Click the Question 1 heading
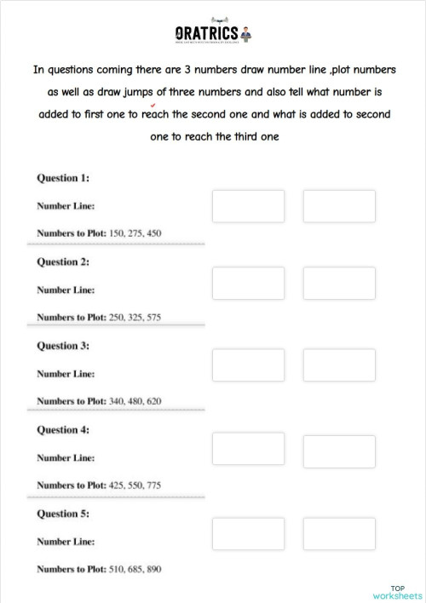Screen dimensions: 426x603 tap(63, 178)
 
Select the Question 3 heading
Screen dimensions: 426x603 tap(63, 346)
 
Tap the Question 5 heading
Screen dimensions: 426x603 tap(63, 514)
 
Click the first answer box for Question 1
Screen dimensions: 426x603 tap(236, 207)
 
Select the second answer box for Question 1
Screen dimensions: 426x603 tap(339, 207)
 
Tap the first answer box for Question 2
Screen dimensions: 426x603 tap(236, 283)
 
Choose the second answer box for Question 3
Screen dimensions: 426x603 tap(339, 365)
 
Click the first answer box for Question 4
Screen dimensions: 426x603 tap(236, 450)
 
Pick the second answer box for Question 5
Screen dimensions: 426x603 tap(339, 533)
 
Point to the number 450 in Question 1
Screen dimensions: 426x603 tap(153, 233)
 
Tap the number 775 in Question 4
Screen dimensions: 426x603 tap(153, 485)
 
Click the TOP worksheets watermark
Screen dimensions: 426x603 tap(397, 592)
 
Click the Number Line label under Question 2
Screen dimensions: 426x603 tap(66, 290)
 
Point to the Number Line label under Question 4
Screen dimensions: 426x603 tap(66, 457)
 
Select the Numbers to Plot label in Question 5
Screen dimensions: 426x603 tap(71, 568)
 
